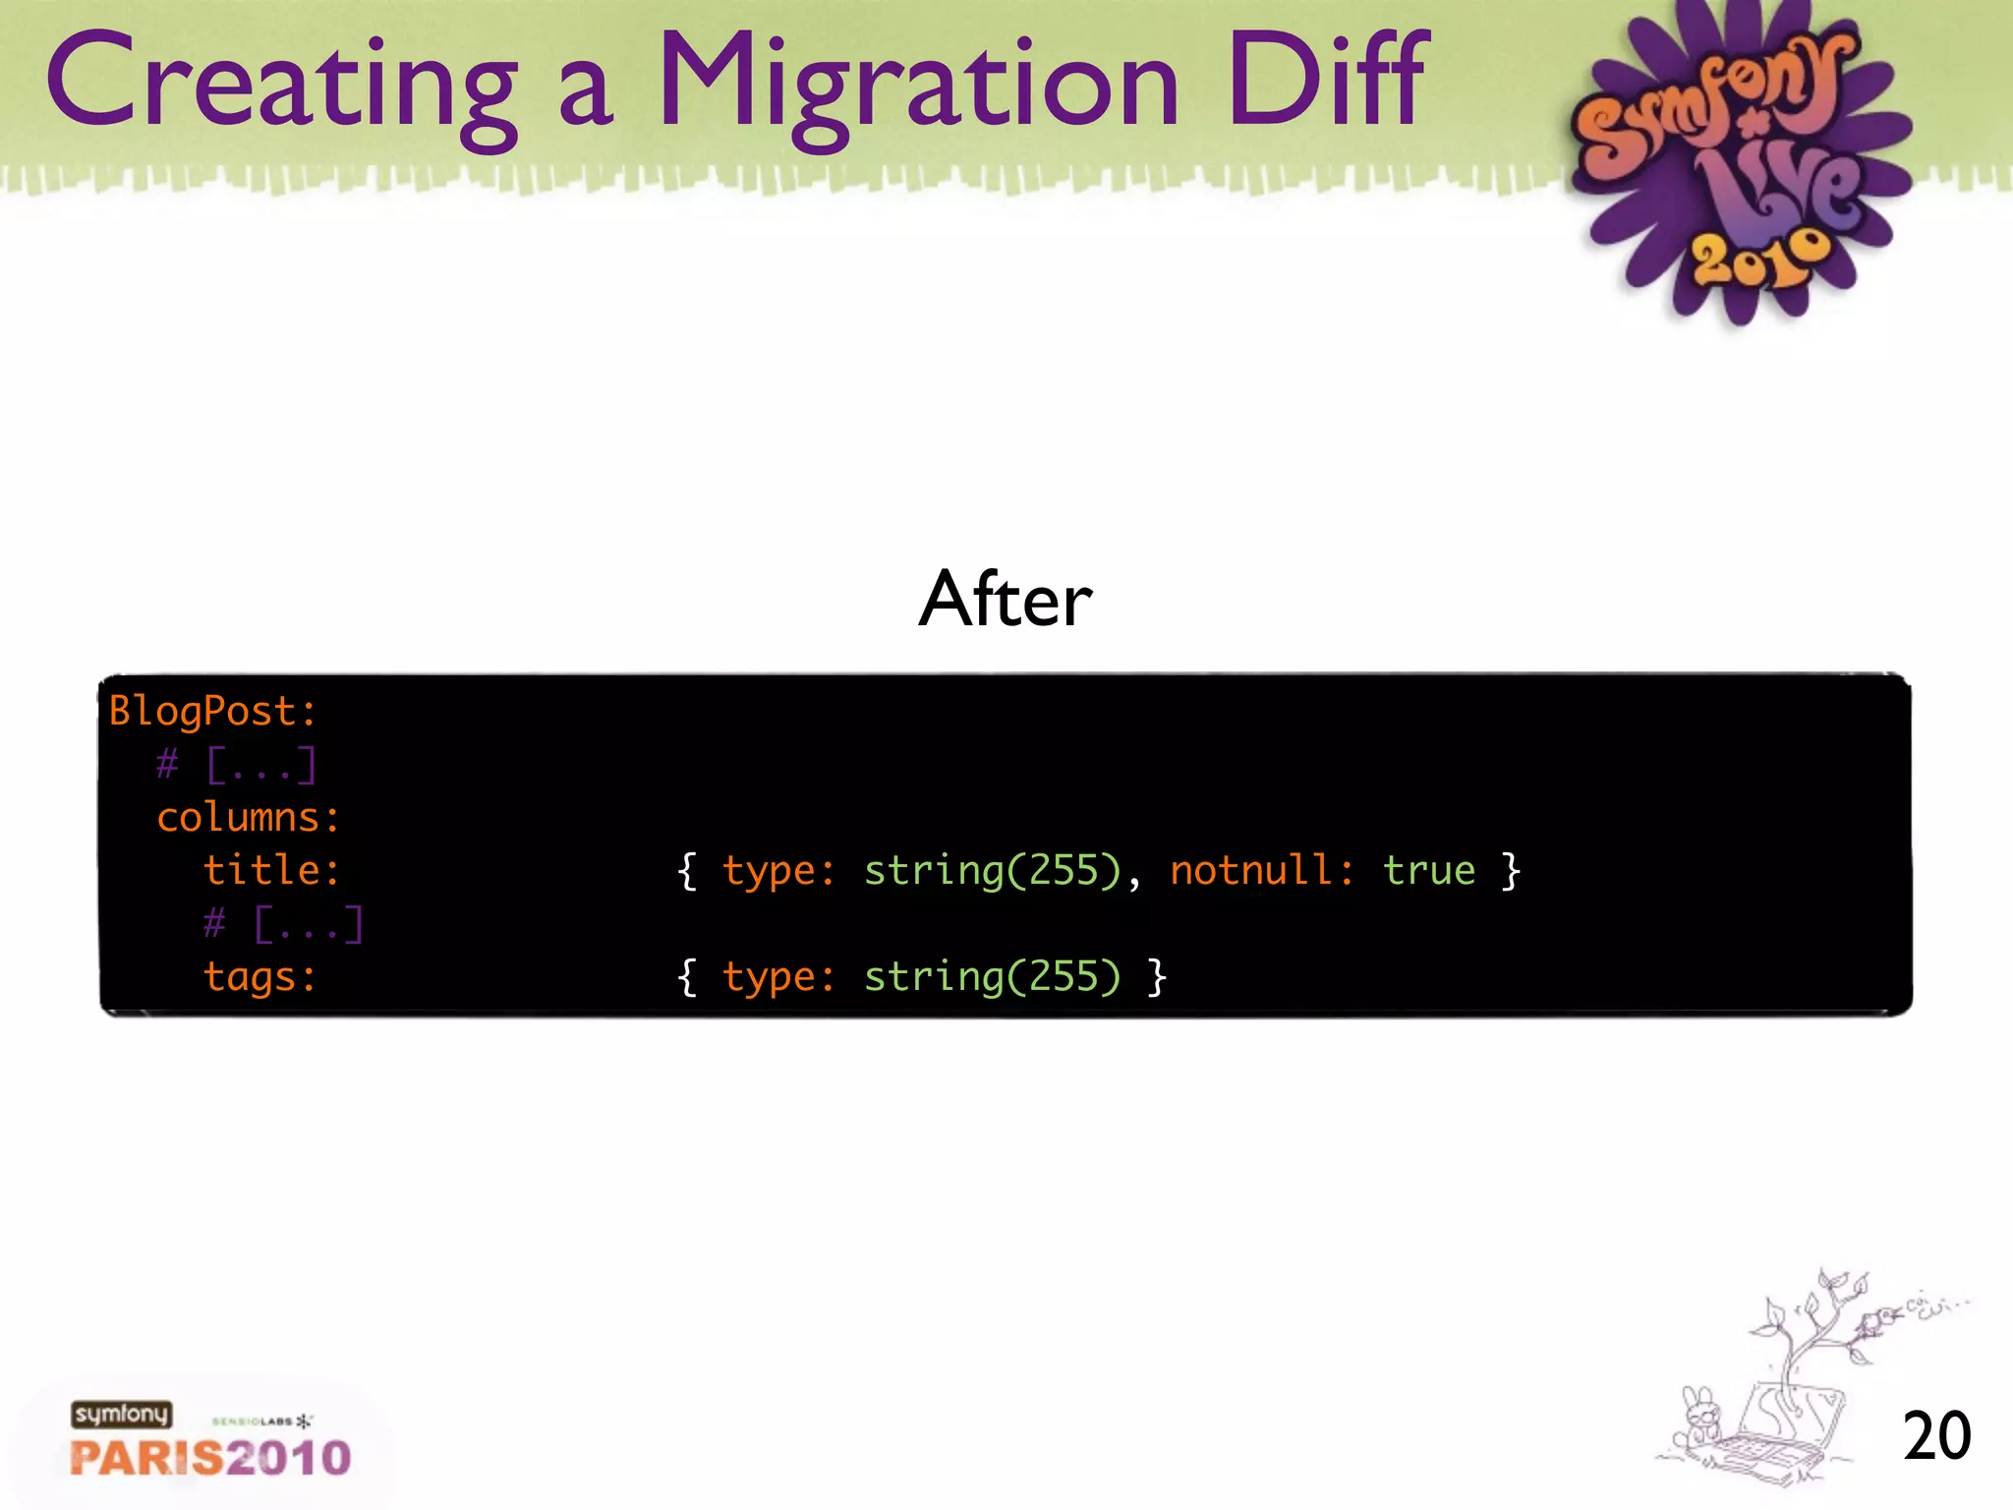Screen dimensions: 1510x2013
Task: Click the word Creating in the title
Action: (x=280, y=84)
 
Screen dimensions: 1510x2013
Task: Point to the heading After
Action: (x=1005, y=599)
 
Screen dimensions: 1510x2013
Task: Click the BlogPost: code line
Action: (x=212, y=711)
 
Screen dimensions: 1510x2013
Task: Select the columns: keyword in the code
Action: (x=248, y=817)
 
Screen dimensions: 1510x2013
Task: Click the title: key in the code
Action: (x=271, y=870)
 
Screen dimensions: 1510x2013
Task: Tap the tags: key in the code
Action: (x=259, y=977)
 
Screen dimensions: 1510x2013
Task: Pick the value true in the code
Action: (x=1428, y=870)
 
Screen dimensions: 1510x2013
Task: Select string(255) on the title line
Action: (x=992, y=870)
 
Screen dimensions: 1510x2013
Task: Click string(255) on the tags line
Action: (x=992, y=977)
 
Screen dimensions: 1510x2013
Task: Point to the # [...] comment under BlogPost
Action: (x=236, y=765)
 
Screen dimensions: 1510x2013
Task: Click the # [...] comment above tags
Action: (x=283, y=924)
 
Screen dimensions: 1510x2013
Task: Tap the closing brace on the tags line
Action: (x=1158, y=977)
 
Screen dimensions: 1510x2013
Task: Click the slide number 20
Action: (x=1935, y=1436)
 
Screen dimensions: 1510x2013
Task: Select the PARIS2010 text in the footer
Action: (x=210, y=1458)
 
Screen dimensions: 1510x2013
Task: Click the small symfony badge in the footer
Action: (x=121, y=1415)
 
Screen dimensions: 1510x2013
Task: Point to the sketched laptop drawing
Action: (x=1769, y=1435)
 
